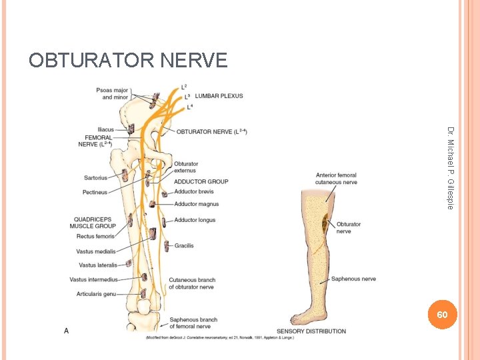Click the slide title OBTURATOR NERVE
point(128,61)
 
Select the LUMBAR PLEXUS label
point(219,96)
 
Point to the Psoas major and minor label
point(111,93)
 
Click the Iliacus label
point(105,129)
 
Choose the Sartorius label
point(96,178)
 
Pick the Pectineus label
point(95,192)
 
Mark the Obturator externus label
point(186,167)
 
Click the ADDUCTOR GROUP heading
point(201,181)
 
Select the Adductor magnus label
point(196,204)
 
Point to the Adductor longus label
point(195,220)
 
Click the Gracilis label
point(184,245)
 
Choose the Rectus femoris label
point(96,236)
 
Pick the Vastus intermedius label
point(93,279)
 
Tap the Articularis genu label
point(96,294)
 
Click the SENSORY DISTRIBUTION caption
point(311,331)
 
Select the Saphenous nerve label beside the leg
point(355,279)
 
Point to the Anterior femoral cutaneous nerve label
point(337,179)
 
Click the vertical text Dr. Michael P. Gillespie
point(451,167)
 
